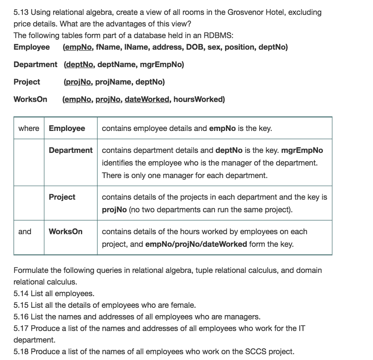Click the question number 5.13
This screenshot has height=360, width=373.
[21, 12]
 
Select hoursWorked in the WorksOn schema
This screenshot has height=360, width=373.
[199, 99]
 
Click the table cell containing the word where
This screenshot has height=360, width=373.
[29, 128]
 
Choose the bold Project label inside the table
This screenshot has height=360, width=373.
[62, 197]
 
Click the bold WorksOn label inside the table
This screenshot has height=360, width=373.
[66, 232]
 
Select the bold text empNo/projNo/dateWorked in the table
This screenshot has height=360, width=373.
[196, 244]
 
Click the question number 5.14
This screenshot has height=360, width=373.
[21, 293]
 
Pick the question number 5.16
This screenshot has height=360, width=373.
[21, 316]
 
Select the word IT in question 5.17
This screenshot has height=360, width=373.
[301, 328]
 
